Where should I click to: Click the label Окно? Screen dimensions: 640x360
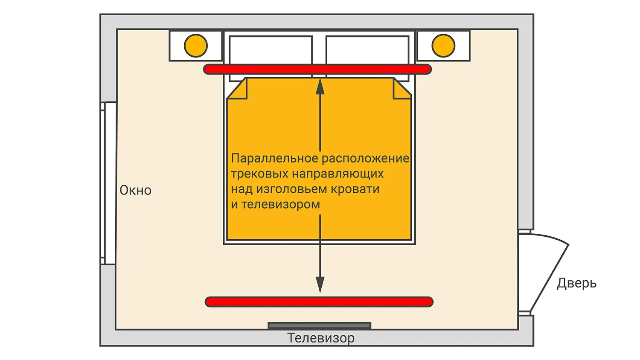[x=135, y=190]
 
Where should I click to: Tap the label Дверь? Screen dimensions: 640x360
[x=576, y=283]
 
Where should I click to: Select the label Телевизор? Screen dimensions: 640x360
[x=321, y=338]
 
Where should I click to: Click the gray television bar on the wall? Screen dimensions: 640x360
[x=320, y=325]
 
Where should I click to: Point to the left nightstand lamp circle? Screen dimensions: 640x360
[x=196, y=46]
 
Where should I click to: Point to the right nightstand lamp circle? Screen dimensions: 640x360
[x=443, y=46]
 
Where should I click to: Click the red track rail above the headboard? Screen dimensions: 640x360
[x=317, y=69]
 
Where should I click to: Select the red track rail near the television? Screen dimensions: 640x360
[x=319, y=302]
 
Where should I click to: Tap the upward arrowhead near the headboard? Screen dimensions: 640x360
[x=320, y=87]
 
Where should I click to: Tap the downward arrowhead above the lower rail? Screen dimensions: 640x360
[x=320, y=285]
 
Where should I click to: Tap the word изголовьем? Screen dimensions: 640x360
[x=292, y=189]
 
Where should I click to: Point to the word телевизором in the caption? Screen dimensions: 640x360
[x=281, y=205]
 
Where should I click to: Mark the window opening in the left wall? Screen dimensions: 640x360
[x=108, y=183]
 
